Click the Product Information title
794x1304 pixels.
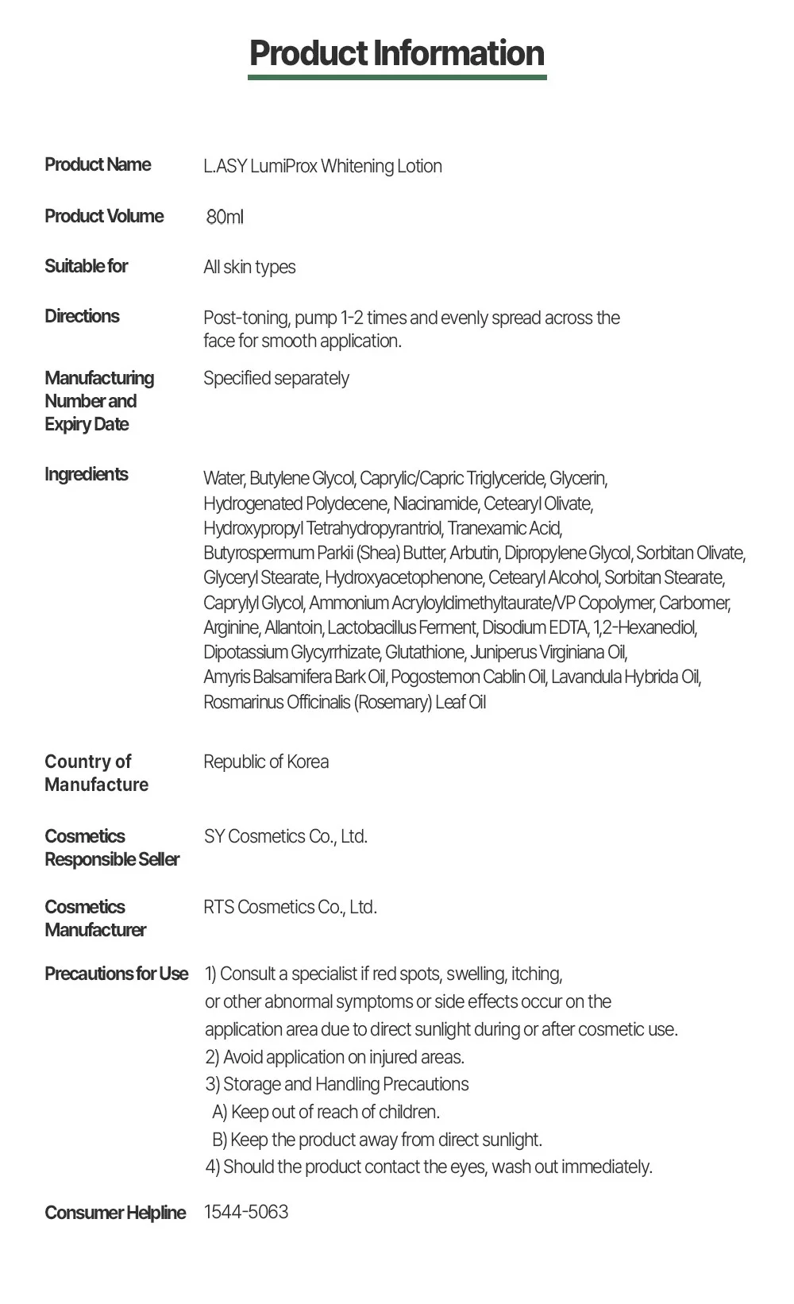coord(397,53)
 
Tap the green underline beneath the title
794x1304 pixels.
coord(397,77)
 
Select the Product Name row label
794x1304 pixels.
coord(98,164)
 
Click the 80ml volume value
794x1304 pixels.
coord(225,217)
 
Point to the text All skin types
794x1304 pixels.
coord(249,267)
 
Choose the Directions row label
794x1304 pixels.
coord(82,316)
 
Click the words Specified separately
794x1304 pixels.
coord(276,378)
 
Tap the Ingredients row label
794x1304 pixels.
coord(86,474)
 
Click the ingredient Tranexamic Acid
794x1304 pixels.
coord(504,528)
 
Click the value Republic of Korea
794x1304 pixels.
coord(266,762)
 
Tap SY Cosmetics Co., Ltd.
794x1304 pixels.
coord(285,836)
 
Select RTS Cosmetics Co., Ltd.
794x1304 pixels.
coord(290,907)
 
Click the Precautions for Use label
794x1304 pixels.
coord(116,974)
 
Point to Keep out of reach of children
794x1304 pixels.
coord(334,1112)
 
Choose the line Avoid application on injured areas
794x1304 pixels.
coord(343,1057)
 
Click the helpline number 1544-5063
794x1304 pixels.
coord(246,1212)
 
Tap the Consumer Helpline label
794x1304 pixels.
coord(115,1213)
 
